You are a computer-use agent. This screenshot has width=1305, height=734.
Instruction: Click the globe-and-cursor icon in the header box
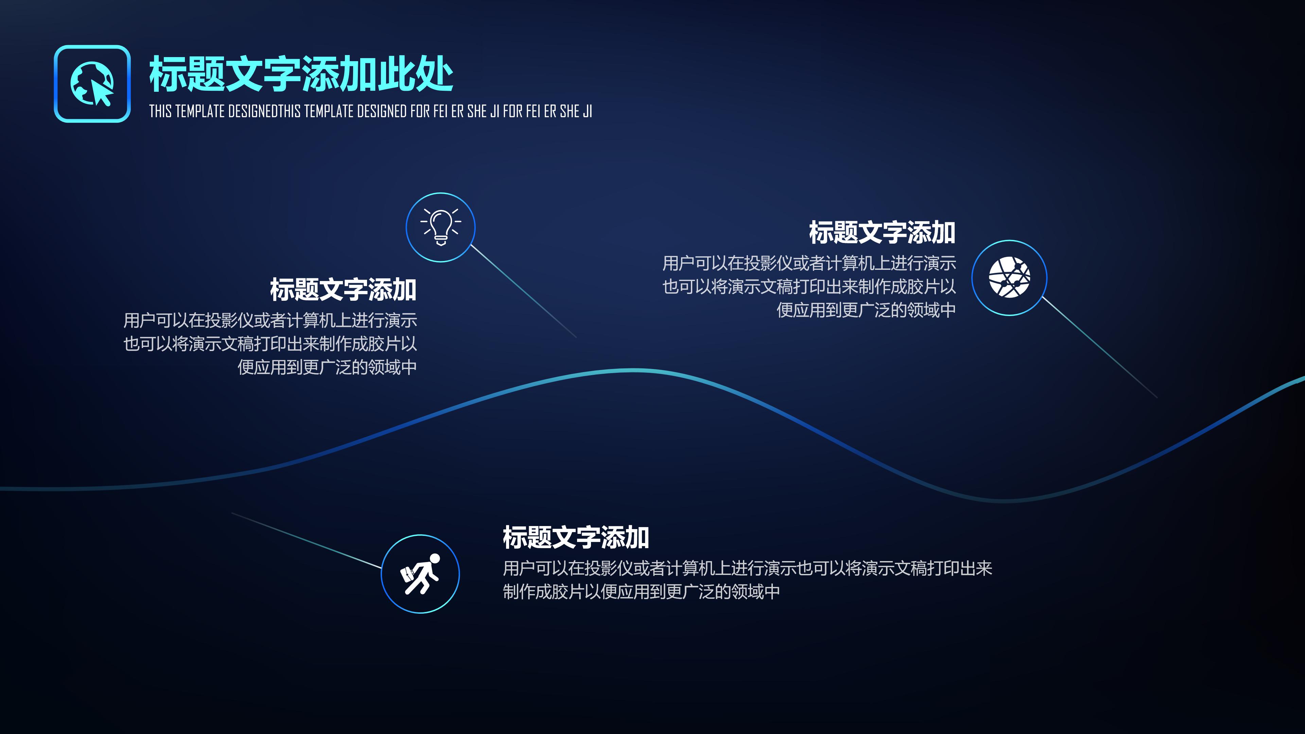click(92, 84)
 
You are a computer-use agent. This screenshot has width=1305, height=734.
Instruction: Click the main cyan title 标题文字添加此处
click(300, 74)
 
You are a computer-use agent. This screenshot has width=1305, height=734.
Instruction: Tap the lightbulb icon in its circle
click(440, 227)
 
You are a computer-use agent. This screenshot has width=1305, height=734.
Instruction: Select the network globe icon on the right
click(1009, 278)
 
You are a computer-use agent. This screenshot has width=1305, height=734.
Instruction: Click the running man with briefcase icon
click(420, 574)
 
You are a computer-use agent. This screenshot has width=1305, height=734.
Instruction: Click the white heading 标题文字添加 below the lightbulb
click(343, 290)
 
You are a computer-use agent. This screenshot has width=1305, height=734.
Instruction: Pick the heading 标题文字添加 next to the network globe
click(882, 232)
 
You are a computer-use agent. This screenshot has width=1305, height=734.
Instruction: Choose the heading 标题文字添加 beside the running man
click(575, 538)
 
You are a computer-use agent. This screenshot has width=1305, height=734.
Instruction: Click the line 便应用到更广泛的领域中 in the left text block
click(327, 367)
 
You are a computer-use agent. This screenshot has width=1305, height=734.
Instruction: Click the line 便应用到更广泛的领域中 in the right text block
click(866, 310)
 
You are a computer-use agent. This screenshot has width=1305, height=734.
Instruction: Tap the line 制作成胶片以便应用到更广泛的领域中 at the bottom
click(641, 592)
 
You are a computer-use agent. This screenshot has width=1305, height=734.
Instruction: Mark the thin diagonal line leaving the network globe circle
click(1099, 348)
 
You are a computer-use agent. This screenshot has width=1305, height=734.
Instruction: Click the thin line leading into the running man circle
click(307, 541)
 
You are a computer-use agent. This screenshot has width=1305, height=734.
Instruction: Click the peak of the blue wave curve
click(633, 371)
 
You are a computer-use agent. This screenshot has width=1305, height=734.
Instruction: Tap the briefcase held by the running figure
click(408, 574)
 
